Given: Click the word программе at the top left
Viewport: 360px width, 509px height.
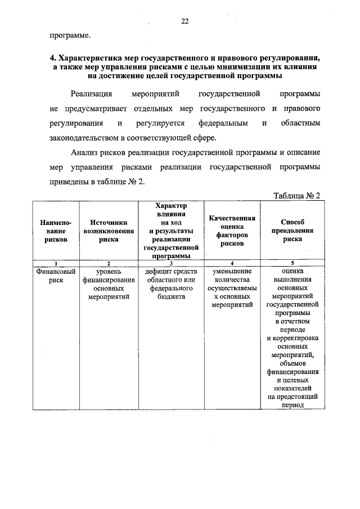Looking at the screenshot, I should (69, 35).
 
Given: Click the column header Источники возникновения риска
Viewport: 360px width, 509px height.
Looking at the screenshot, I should (109, 231).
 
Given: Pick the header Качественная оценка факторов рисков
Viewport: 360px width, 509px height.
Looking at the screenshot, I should (232, 231).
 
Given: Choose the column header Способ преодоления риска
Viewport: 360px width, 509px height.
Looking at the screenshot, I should (292, 231).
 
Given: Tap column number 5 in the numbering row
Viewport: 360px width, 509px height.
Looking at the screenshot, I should (292, 263).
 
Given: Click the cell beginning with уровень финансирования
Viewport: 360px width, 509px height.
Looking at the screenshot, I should (109, 283).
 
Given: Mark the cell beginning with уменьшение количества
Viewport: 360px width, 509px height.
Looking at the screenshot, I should (232, 287).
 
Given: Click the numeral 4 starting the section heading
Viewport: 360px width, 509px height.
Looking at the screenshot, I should (52, 57).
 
